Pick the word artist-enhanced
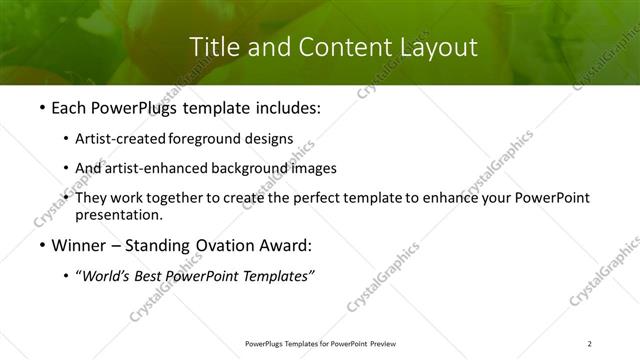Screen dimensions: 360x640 click(x=153, y=168)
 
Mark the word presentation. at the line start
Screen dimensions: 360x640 click(x=118, y=214)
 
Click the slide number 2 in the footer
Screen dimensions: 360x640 click(x=590, y=343)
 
